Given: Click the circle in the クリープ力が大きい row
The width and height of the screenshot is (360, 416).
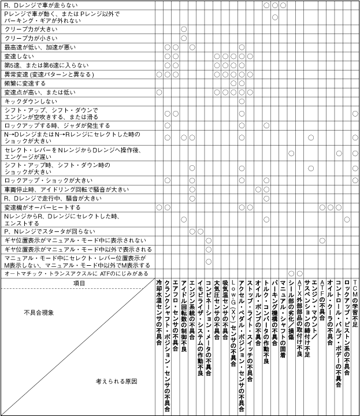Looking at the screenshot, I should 184,29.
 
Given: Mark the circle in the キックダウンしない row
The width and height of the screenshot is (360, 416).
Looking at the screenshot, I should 242,101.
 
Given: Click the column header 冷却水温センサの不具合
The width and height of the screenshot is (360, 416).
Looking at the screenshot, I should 159,312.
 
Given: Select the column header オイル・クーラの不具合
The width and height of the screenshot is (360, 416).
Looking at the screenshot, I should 330,312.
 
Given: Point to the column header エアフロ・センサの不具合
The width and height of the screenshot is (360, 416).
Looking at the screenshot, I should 175,312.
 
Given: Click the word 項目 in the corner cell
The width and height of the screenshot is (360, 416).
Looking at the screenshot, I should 79,283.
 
